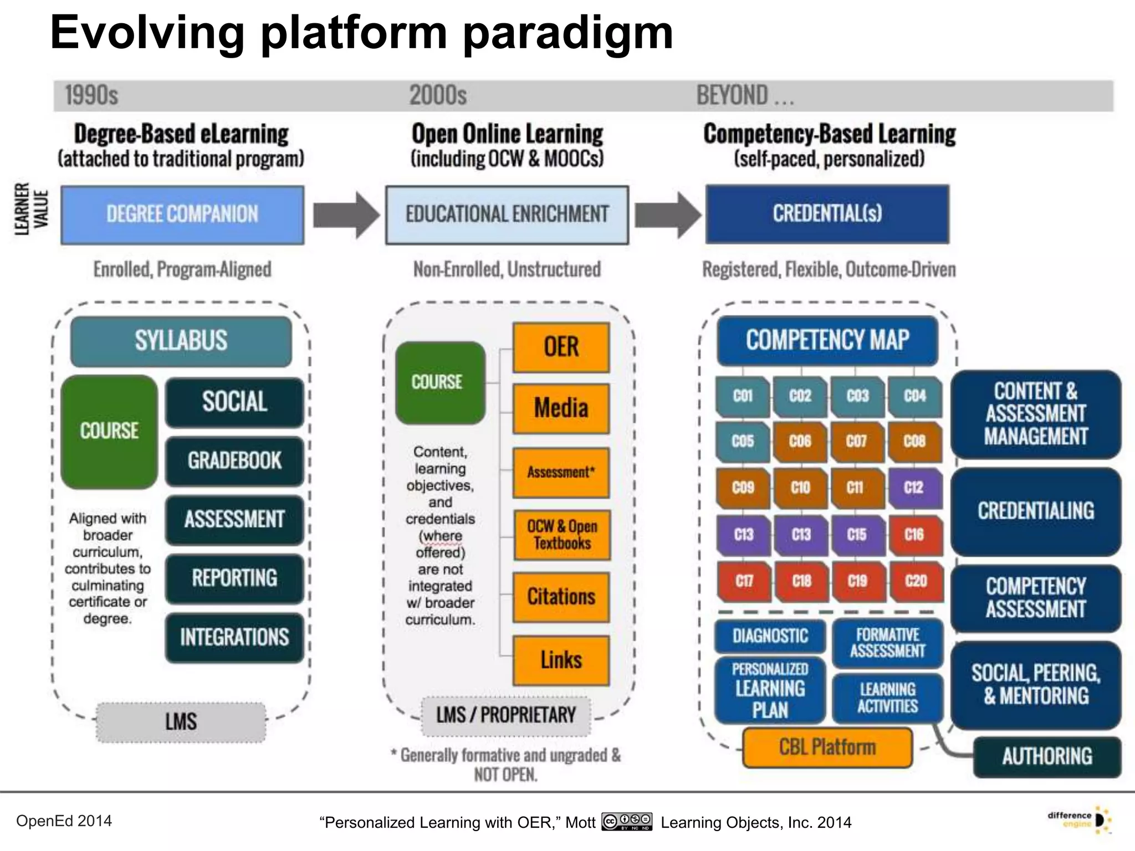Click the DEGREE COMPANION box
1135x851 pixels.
(182, 215)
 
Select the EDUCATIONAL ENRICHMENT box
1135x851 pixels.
(507, 215)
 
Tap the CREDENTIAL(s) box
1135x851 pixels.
(827, 214)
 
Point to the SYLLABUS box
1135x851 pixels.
(181, 341)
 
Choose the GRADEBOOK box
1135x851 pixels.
(234, 461)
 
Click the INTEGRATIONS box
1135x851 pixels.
(234, 638)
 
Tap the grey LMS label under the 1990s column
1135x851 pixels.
(181, 722)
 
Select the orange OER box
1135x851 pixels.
(561, 347)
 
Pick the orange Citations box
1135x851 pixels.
(561, 597)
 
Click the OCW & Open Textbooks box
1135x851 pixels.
(561, 535)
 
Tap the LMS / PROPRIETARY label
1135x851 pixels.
(506, 716)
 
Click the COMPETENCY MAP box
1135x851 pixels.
(827, 340)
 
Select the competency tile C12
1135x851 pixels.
(914, 488)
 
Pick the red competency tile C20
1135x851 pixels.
(916, 581)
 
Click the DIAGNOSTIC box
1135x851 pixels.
(770, 636)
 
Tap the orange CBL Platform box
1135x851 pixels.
(827, 747)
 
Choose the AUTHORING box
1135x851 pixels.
(1047, 756)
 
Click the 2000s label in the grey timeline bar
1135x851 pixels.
(438, 95)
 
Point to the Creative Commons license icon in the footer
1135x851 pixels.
(627, 821)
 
